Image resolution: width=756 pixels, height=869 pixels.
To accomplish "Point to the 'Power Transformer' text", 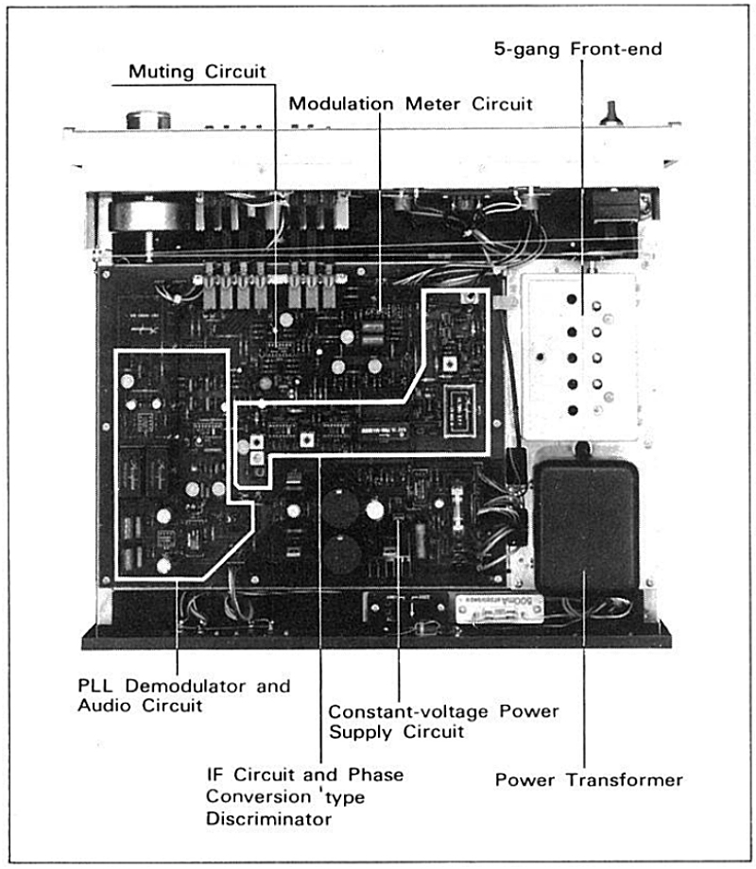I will [589, 780].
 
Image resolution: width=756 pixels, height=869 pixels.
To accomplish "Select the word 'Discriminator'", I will [269, 819].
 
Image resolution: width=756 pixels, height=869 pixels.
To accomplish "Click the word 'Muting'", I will [158, 71].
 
